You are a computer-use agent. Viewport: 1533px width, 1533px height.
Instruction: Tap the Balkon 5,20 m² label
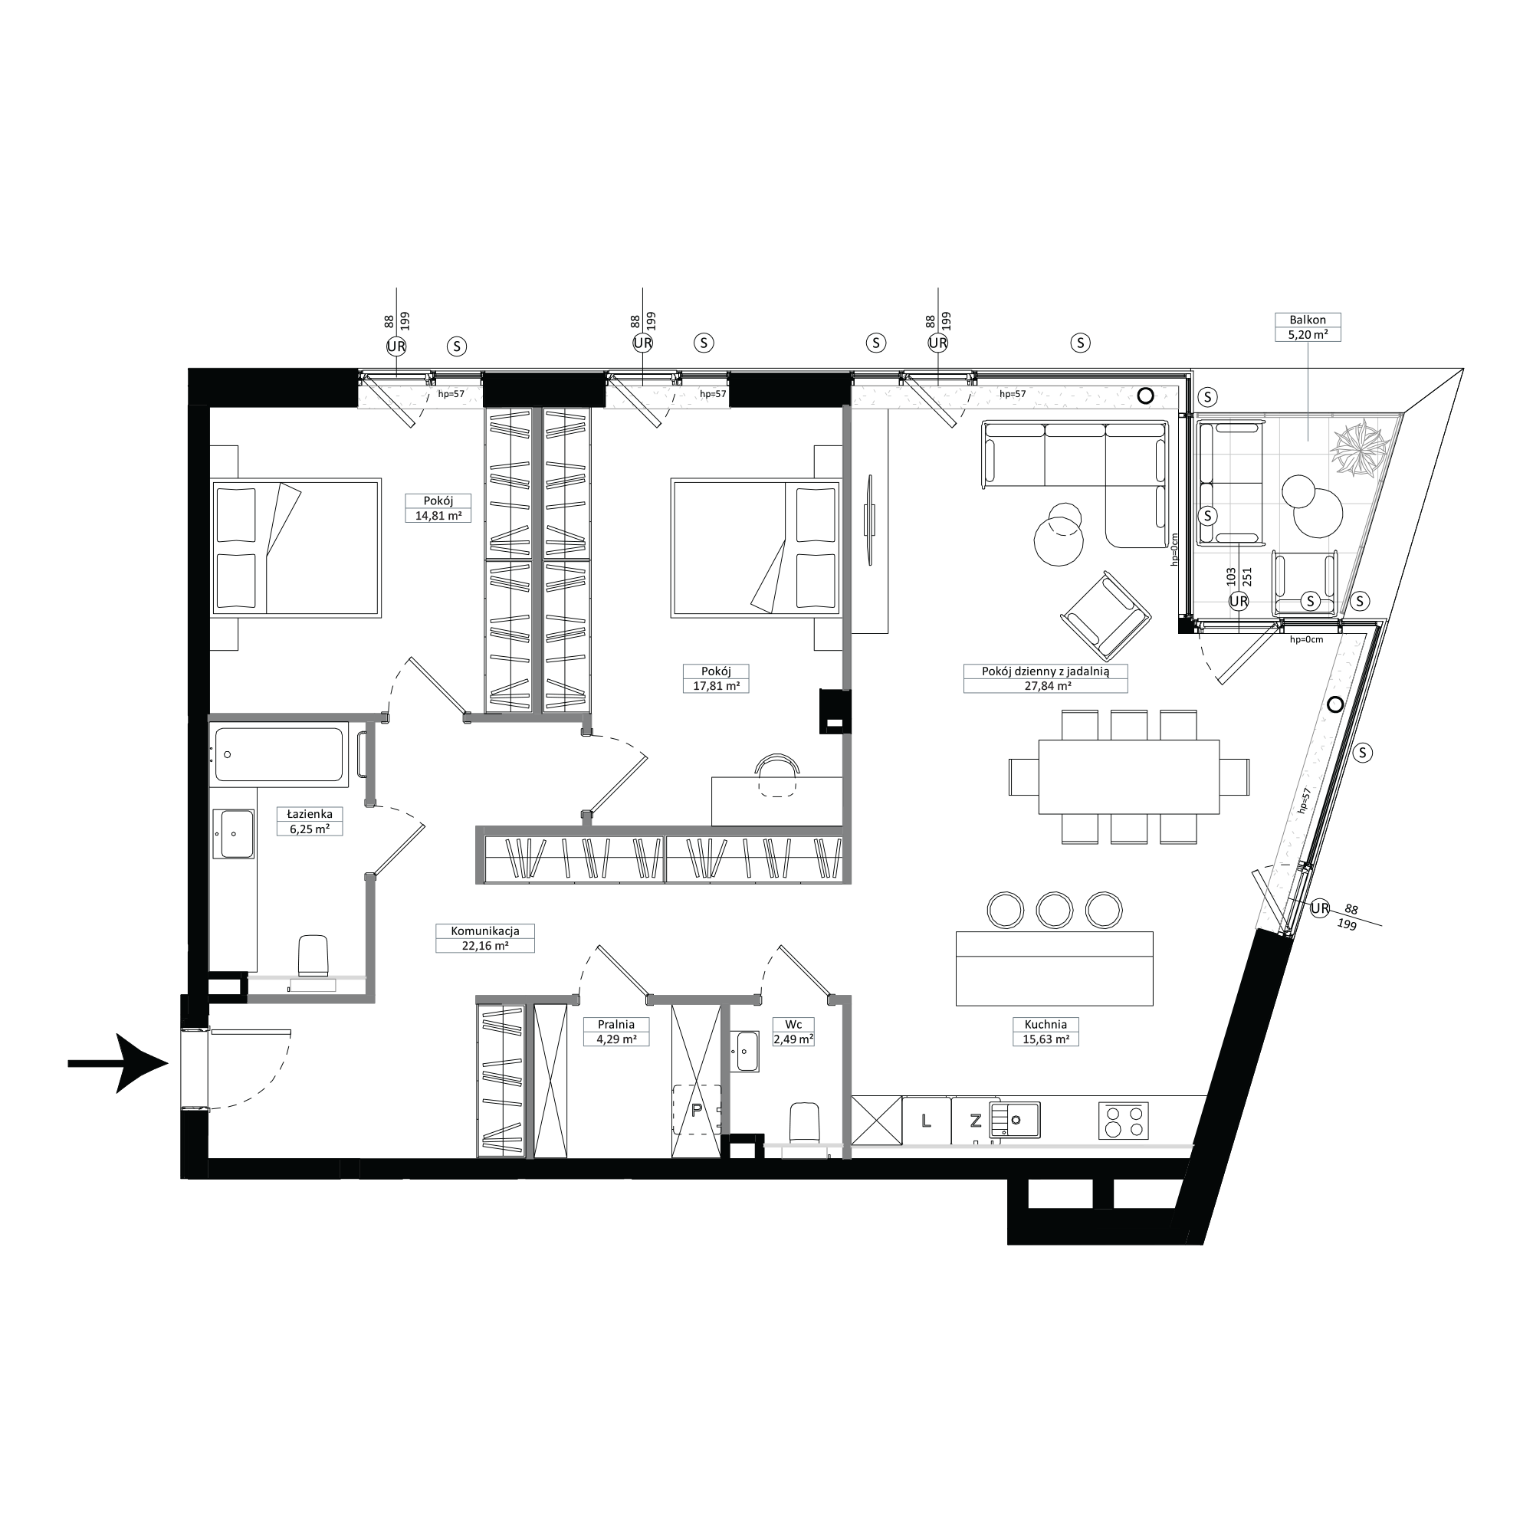point(1308,327)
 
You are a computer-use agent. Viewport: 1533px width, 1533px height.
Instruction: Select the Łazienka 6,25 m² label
point(304,821)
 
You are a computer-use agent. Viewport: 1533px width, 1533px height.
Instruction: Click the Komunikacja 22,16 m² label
point(485,938)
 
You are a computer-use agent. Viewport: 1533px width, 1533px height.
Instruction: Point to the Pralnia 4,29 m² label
point(615,1032)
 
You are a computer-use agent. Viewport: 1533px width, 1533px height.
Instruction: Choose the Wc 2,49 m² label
point(793,1032)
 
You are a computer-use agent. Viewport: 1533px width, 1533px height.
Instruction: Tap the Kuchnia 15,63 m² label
point(1046,1032)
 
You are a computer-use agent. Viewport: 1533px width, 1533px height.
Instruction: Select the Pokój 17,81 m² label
point(717,678)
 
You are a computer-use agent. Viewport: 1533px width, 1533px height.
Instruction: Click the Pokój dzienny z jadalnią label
point(1045,671)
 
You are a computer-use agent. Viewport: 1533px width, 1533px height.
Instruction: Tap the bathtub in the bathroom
point(279,754)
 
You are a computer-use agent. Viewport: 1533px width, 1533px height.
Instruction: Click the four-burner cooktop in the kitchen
point(1124,1121)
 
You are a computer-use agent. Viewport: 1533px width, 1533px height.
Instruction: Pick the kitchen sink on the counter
point(1014,1121)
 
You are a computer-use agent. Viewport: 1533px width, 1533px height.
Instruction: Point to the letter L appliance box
point(927,1121)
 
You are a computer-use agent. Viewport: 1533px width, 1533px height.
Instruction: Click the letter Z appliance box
point(975,1121)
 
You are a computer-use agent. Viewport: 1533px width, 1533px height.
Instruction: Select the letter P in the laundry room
point(697,1110)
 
